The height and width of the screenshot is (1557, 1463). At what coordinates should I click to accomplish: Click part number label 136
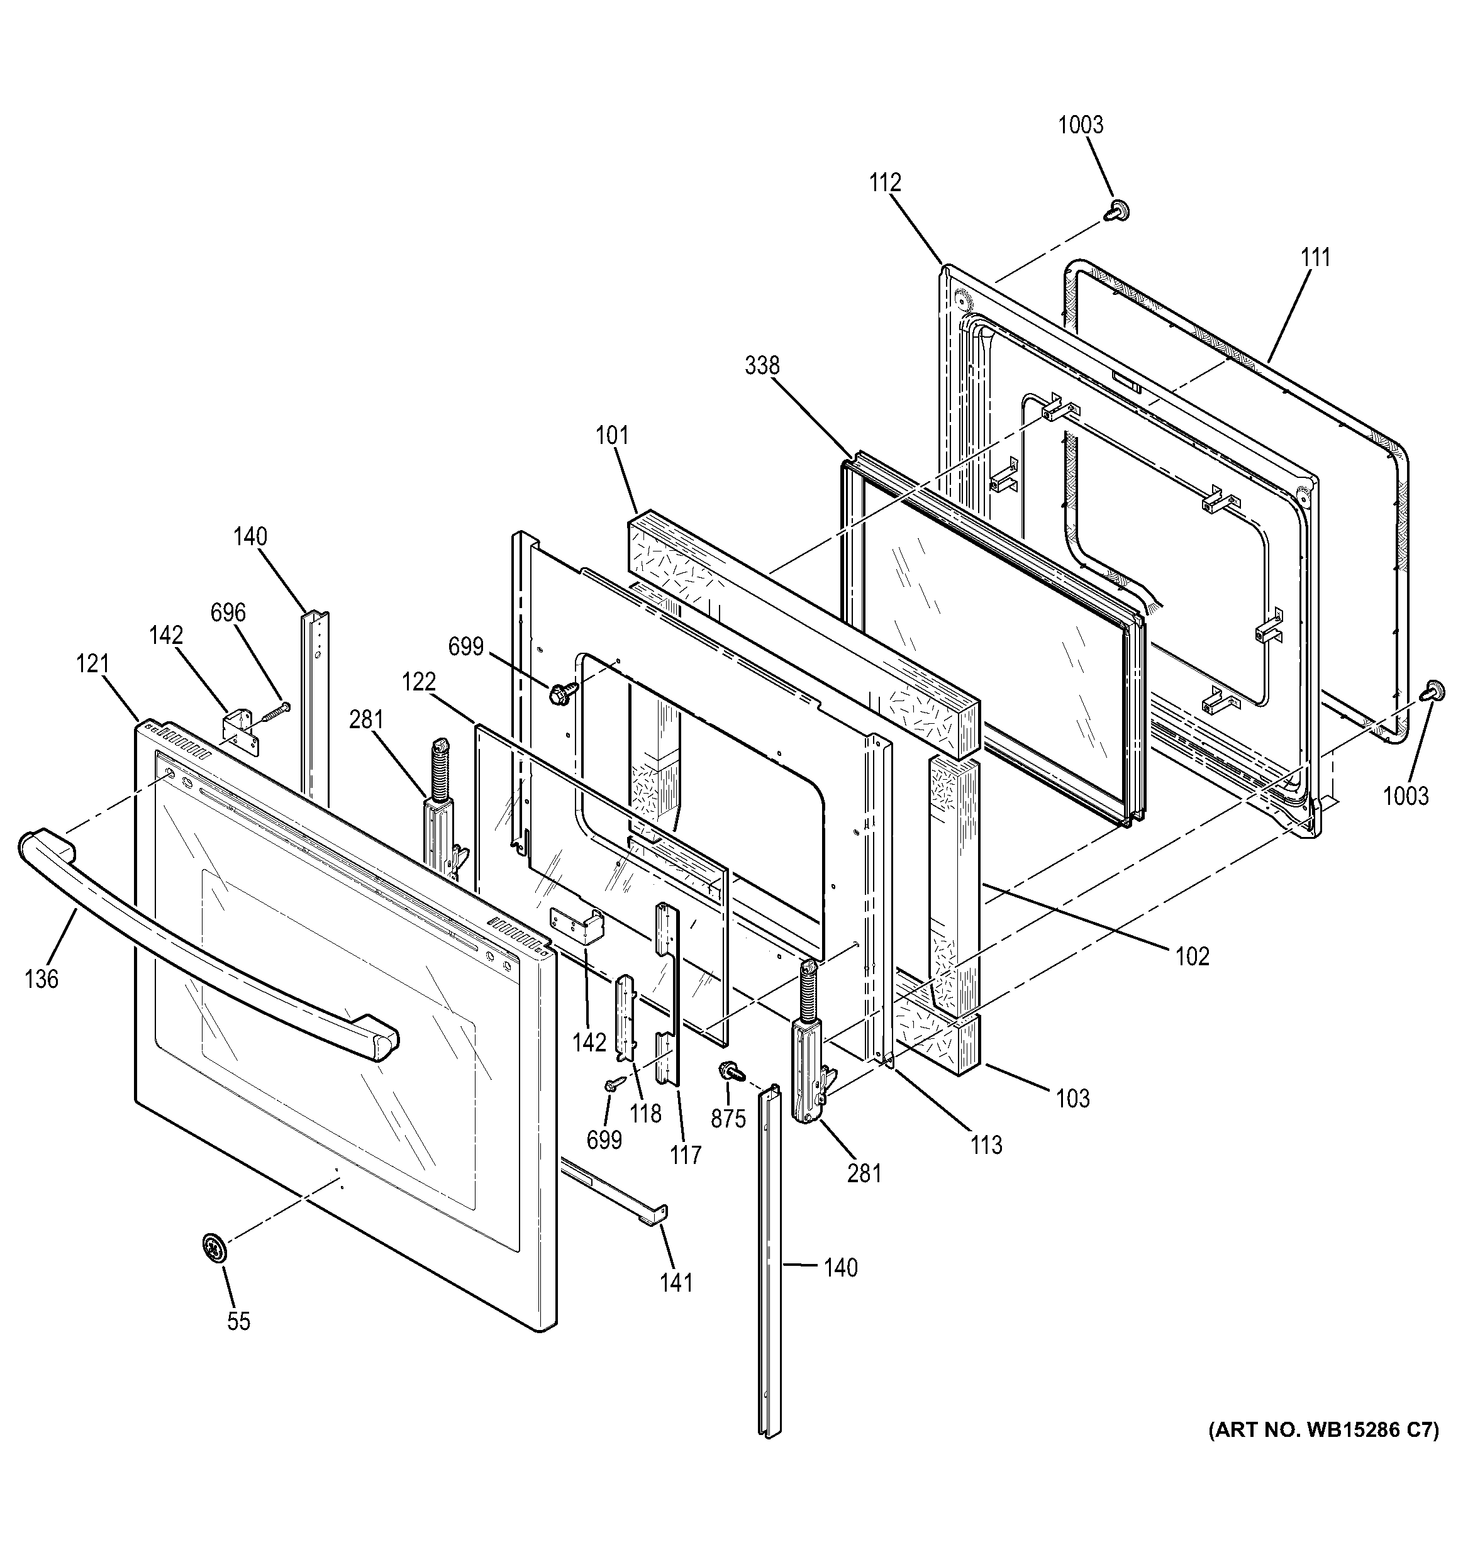tap(42, 978)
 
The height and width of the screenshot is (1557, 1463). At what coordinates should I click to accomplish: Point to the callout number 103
tap(1072, 1099)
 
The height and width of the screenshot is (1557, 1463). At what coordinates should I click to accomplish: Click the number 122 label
tap(419, 682)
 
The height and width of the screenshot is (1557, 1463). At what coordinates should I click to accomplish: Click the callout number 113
tap(986, 1145)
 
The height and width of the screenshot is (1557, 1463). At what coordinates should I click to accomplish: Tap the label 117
tap(686, 1155)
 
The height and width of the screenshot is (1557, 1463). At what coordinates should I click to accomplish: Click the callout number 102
tap(1192, 956)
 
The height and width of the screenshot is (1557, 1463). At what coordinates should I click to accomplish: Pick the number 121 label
tap(92, 664)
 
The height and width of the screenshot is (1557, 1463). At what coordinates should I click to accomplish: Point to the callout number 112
tap(885, 182)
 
